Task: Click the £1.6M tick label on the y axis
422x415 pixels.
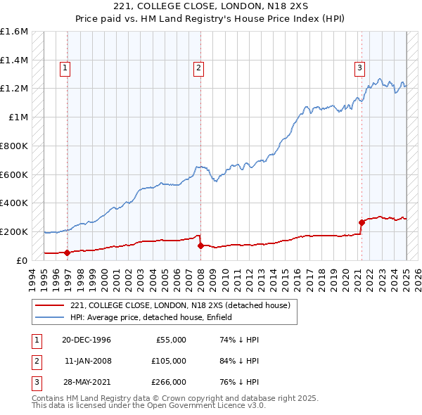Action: (14, 32)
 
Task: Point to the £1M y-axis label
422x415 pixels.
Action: (18, 117)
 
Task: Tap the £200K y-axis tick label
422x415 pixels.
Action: (14, 231)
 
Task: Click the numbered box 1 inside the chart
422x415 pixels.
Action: (65, 68)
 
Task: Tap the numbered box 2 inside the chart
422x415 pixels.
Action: (199, 68)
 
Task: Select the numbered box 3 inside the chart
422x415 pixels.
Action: (359, 68)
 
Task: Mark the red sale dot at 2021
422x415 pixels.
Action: (362, 222)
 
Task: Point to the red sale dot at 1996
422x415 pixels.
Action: (68, 253)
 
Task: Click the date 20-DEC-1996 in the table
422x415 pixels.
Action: (87, 340)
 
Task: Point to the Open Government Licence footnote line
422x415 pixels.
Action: (148, 407)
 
